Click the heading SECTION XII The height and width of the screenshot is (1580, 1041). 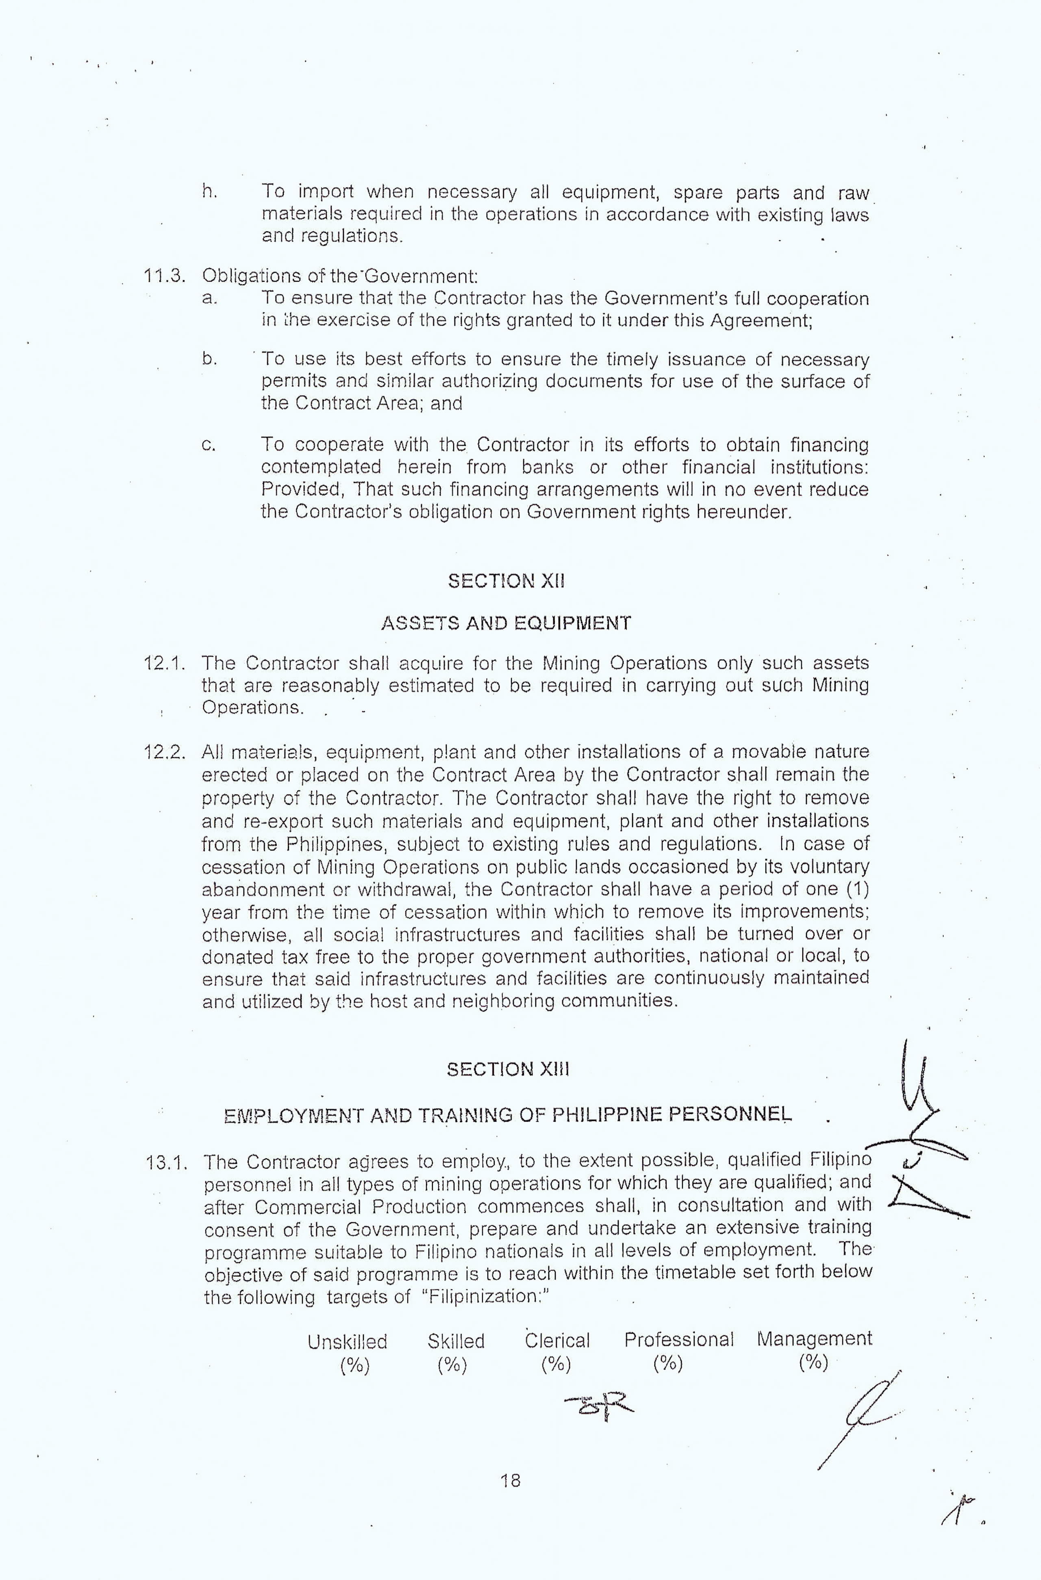coord(506,581)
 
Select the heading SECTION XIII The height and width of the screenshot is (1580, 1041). coord(508,1069)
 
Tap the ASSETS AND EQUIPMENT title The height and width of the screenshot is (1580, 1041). coord(506,623)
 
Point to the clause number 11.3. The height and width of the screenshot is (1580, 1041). coord(163,276)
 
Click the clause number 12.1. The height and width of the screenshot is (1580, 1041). coord(163,663)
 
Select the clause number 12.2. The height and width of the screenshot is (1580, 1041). coord(163,752)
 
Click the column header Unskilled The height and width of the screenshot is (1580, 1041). coord(347,1342)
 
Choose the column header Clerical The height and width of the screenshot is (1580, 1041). coord(557,1341)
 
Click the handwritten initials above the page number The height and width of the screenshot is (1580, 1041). coord(599,1417)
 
